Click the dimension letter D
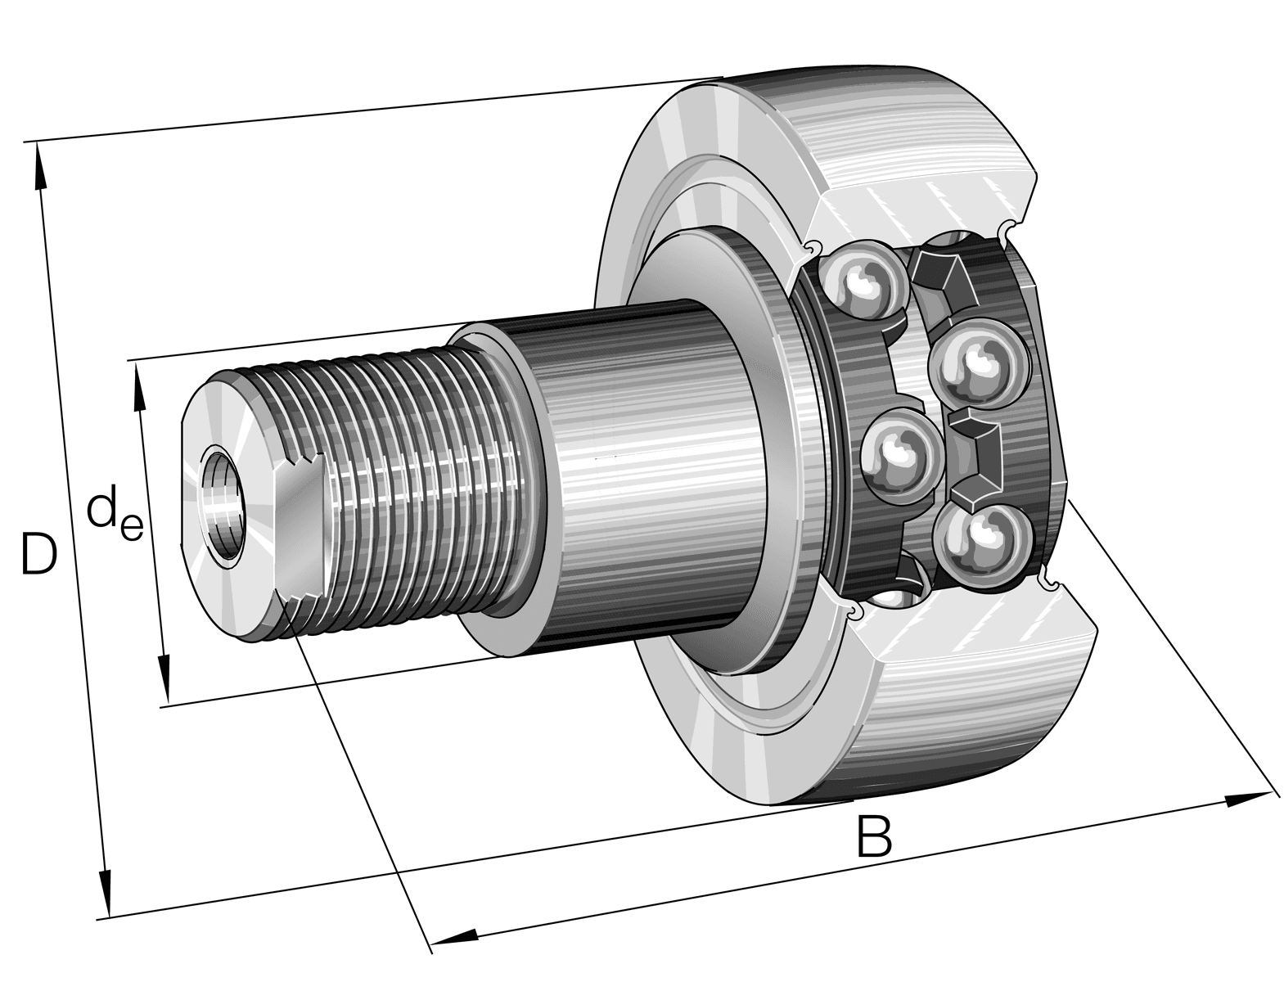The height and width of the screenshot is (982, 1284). pos(39,552)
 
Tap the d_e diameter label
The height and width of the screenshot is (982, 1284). pos(115,517)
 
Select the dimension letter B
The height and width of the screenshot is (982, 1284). pos(874,836)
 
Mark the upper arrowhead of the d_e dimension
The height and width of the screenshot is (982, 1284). pos(138,386)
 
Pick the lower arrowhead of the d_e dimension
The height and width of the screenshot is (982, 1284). pos(165,678)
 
